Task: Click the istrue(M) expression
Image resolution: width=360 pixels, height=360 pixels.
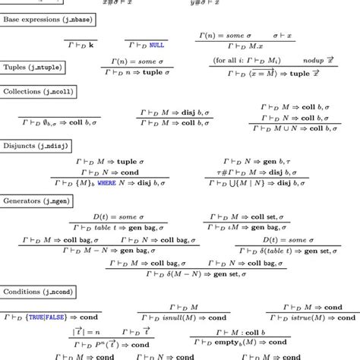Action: point(311,318)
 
